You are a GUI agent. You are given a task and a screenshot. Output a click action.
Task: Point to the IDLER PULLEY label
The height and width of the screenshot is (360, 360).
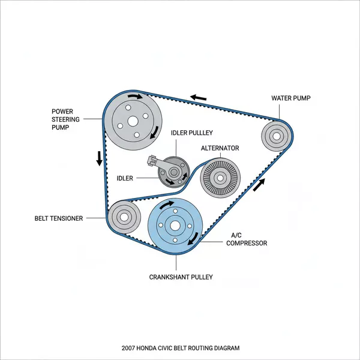[192, 133]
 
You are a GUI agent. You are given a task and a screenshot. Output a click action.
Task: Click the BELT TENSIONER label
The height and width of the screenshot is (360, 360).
[59, 218]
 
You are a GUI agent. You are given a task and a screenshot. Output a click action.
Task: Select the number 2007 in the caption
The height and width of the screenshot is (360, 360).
[127, 348]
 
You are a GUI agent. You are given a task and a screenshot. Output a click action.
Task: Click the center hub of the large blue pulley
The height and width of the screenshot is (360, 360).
[175, 226]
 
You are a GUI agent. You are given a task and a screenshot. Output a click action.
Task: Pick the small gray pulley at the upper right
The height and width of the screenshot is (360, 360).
[276, 136]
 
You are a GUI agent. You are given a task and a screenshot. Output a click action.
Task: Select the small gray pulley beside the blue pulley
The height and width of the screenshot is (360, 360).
[124, 217]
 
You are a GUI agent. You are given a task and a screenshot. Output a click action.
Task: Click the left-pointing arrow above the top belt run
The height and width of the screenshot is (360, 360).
[199, 96]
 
